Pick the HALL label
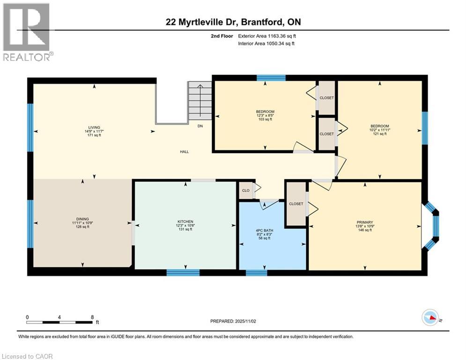[x=185, y=152]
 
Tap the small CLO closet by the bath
[x=245, y=191]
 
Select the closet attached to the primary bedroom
[x=296, y=204]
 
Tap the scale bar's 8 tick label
[x=92, y=317]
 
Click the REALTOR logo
[x=26, y=32]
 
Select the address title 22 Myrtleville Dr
[x=232, y=22]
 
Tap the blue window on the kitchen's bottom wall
[x=183, y=272]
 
